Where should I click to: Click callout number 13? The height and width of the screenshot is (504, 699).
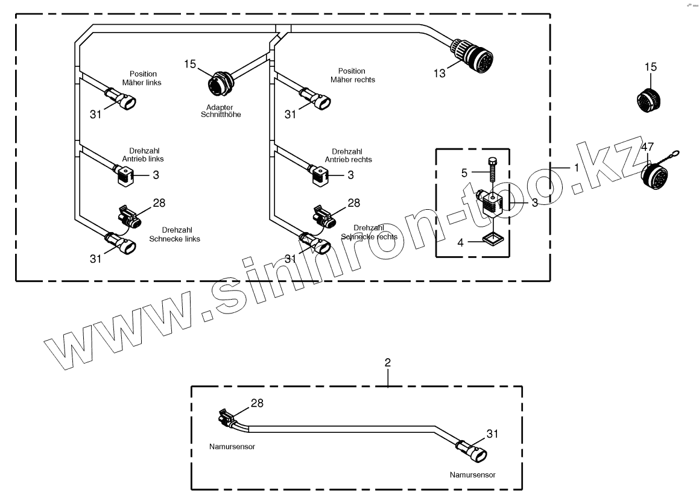tap(439, 73)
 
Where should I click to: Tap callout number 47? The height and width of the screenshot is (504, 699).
tap(647, 147)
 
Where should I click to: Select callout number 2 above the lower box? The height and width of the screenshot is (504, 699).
tap(388, 362)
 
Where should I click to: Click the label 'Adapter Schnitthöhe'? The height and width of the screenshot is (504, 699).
tap(220, 110)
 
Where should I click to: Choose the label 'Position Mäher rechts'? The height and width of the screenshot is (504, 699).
tap(353, 75)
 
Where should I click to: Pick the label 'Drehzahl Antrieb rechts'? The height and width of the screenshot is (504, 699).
tap(349, 155)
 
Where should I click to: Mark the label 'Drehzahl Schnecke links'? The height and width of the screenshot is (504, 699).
tap(174, 234)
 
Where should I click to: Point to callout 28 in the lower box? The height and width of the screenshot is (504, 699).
tap(256, 402)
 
